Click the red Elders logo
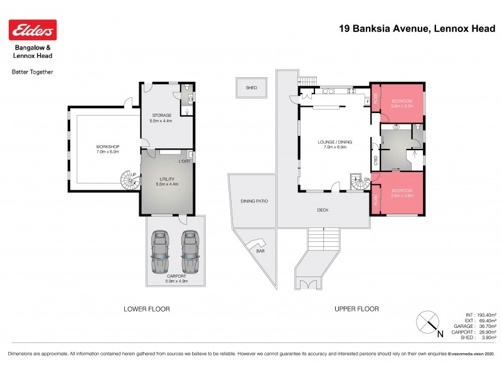click(33, 30)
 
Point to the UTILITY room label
click(166, 181)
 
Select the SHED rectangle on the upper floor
click(252, 88)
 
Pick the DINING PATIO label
click(254, 201)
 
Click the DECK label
click(323, 210)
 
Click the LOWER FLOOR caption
click(147, 309)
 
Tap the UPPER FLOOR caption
click(358, 309)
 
